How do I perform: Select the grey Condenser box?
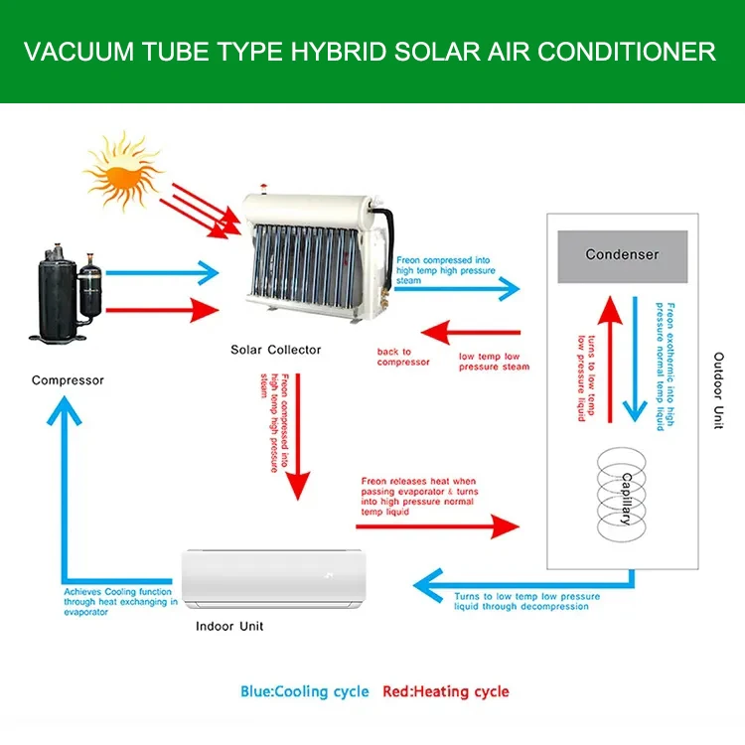tap(622, 254)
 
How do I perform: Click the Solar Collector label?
tap(275, 349)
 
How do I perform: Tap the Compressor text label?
tap(68, 379)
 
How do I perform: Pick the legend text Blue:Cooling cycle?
tap(304, 691)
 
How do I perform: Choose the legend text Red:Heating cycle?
tap(446, 691)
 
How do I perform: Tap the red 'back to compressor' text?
tap(403, 357)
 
